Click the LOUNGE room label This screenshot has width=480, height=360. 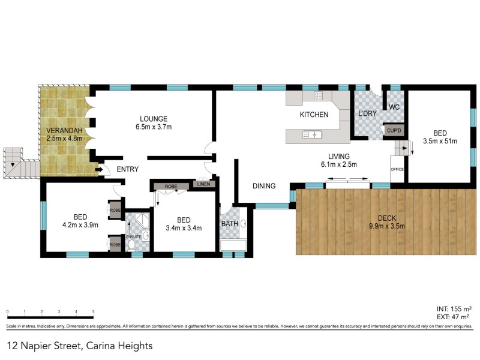click(154, 118)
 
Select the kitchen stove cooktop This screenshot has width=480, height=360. click(318, 95)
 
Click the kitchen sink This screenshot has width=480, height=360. click(313, 135)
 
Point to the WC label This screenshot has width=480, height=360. click(394, 107)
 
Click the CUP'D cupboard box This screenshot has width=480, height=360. click(393, 130)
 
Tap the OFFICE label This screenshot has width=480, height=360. click(397, 170)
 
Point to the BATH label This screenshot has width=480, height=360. click(229, 224)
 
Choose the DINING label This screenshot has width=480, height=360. click(263, 186)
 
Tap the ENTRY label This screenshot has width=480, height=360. click(128, 170)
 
